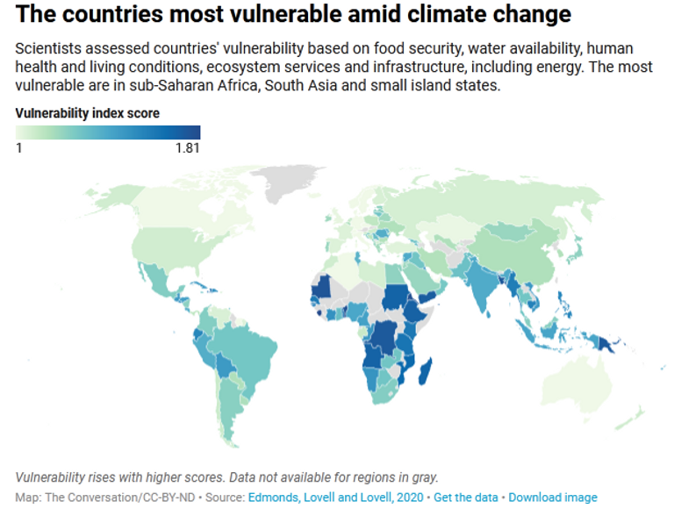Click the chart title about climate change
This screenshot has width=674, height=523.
tap(293, 15)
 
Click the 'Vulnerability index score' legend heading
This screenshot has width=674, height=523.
tap(88, 113)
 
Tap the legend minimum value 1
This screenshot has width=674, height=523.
tap(18, 147)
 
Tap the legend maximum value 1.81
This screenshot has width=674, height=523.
tap(186, 147)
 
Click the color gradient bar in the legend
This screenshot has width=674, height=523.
tap(108, 132)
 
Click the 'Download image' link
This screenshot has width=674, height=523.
tap(553, 498)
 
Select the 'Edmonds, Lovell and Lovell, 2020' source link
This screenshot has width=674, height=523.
tap(337, 498)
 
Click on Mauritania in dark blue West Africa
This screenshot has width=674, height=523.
tap(322, 286)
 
